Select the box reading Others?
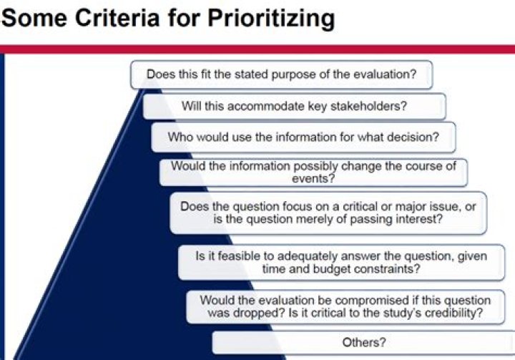(x=363, y=343)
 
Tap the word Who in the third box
(x=180, y=136)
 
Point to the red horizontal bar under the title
(x=257, y=49)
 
